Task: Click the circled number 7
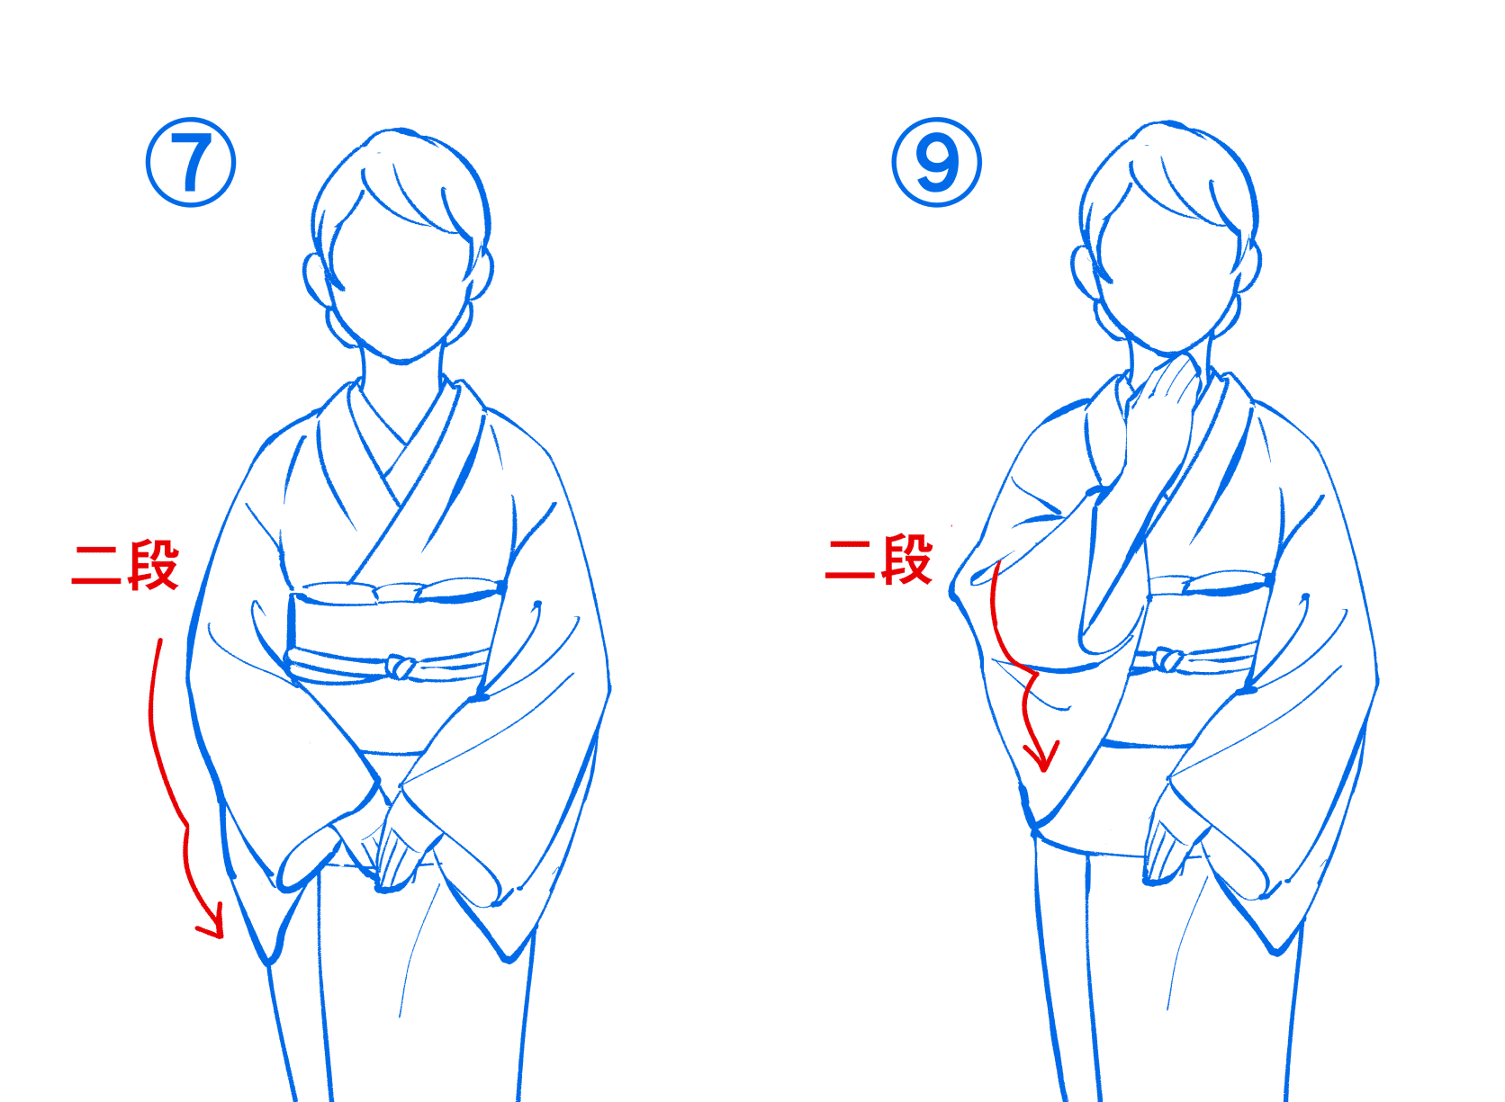[191, 163]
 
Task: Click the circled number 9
[937, 163]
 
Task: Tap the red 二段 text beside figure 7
[125, 566]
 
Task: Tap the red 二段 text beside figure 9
[879, 560]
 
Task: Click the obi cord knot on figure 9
[1167, 660]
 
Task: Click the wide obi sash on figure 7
[387, 630]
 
